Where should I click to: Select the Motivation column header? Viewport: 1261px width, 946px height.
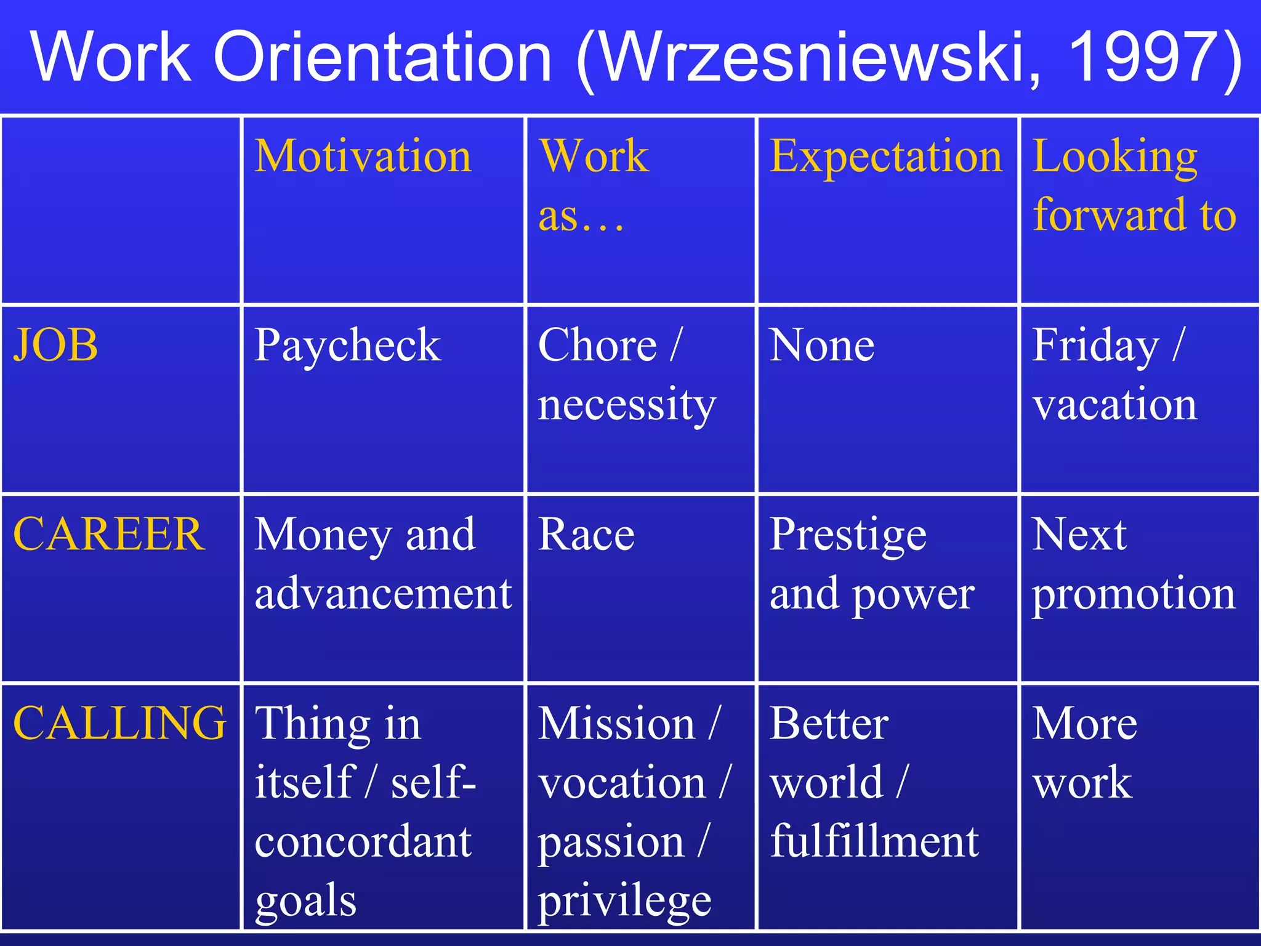coord(363,156)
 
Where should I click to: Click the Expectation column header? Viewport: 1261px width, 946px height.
coord(885,156)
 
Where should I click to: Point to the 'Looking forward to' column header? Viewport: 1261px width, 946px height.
coord(1134,185)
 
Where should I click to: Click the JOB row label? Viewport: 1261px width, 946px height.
coord(56,345)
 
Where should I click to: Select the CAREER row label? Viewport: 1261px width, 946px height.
coord(109,534)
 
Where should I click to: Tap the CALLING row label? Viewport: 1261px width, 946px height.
coord(119,723)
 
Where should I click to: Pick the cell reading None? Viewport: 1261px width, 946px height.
coord(822,345)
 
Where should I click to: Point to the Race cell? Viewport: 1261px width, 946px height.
coord(586,534)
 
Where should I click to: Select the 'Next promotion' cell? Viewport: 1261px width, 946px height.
coord(1134,564)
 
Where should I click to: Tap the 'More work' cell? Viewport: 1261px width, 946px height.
coord(1084,753)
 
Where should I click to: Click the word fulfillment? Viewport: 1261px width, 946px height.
coord(874,841)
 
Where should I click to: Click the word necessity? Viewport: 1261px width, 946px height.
coord(627,405)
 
